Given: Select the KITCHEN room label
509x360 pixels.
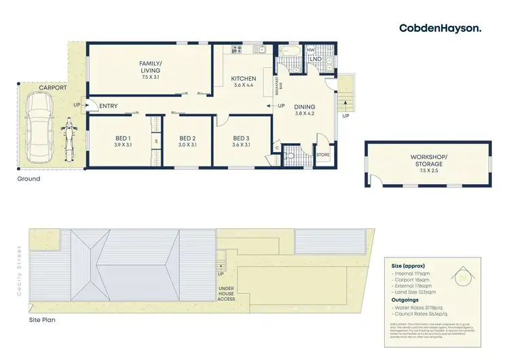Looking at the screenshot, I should point(243,79).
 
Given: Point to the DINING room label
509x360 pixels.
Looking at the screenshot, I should point(305,107).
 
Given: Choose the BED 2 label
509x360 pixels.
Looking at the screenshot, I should point(187,140).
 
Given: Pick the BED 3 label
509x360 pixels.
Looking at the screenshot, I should point(241,140).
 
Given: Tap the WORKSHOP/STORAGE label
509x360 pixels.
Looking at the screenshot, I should point(428,160).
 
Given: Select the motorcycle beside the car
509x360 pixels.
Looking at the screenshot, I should point(68,139).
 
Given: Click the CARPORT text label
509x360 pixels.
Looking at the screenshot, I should point(52,88).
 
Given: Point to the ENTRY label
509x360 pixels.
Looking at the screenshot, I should point(109,106).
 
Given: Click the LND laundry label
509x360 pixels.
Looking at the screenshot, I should point(316,60).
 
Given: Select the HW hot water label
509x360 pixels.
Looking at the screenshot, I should point(310,50).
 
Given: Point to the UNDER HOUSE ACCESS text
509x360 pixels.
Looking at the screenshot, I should point(225,294).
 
